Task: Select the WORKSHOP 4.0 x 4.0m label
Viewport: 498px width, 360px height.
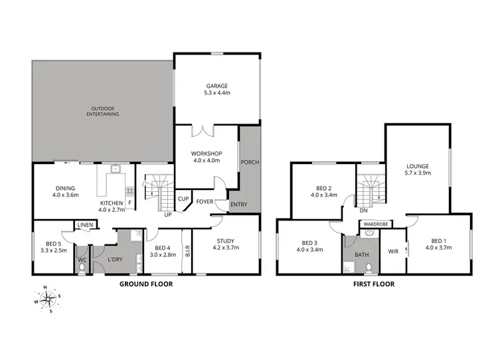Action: coord(207,157)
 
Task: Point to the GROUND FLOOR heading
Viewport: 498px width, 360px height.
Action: coord(145,284)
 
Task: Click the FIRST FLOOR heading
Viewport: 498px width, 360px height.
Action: coord(374,284)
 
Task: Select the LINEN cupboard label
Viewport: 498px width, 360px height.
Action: coord(85,226)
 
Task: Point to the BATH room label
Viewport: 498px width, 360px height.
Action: coord(361,254)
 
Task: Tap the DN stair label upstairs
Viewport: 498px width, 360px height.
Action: coord(363,211)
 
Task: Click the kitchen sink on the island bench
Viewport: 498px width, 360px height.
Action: coord(116,169)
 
